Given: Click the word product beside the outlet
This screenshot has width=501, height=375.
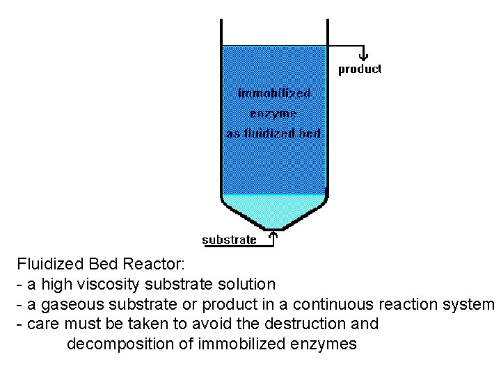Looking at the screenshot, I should (x=360, y=69).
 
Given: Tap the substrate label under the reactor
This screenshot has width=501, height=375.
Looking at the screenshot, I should (x=229, y=240).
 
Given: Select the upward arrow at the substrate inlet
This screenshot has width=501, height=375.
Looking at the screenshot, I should (x=273, y=238).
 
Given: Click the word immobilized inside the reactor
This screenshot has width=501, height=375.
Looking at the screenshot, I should (x=274, y=93).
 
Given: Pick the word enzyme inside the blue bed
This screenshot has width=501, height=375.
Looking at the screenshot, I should (x=273, y=113).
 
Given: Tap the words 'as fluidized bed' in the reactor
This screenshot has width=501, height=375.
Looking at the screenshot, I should (x=273, y=133).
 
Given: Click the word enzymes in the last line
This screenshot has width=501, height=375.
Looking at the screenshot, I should (x=327, y=344).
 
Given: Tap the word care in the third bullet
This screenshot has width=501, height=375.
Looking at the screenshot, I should (x=42, y=324).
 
